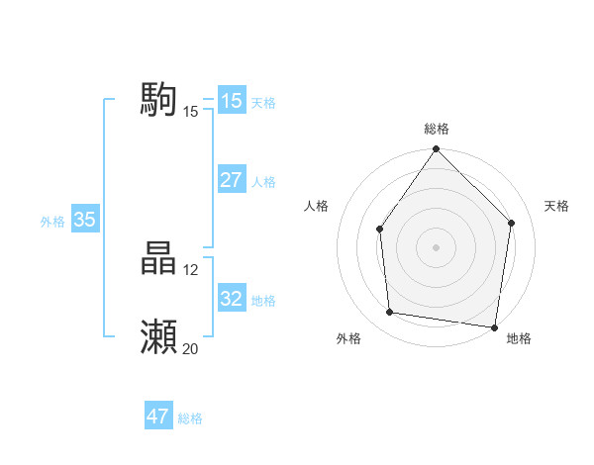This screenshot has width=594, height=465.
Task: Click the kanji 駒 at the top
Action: pos(158,100)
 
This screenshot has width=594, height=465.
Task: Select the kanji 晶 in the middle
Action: pos(158,259)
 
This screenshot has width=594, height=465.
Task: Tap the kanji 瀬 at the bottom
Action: pos(158,337)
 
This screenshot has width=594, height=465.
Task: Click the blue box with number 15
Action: pos(231,101)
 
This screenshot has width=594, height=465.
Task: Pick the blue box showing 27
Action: pos(231,180)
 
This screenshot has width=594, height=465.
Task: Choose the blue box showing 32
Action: pos(231,299)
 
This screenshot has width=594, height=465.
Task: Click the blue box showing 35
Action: pos(84,220)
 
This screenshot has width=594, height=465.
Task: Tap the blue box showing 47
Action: pos(157,417)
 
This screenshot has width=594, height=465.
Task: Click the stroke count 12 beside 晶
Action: pos(190,269)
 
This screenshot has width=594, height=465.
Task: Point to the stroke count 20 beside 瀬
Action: pos(190,348)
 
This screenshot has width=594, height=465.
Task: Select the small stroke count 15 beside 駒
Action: pos(190,111)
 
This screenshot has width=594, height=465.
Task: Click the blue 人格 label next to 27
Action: pos(263,182)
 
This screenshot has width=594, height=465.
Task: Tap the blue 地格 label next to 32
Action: pos(263,301)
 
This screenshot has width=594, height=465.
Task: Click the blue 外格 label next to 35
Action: pos(52,222)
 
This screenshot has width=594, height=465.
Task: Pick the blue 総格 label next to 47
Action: pos(190,418)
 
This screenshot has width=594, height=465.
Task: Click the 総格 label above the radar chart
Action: pos(436,129)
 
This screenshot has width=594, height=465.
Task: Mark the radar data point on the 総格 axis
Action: pos(436,149)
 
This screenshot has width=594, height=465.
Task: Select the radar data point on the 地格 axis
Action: pos(494,326)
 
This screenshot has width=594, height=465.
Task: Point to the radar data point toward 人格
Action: pos(380,229)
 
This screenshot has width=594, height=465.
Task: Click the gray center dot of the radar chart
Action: pos(436,246)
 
